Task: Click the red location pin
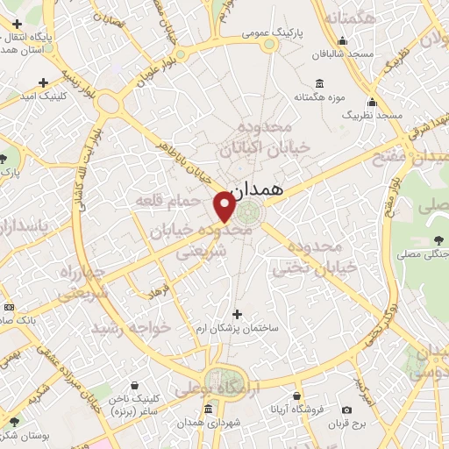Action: click(x=224, y=208)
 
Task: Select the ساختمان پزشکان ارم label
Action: click(x=238, y=327)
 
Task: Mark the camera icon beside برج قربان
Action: click(x=346, y=410)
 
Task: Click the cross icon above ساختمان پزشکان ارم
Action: click(x=236, y=313)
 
